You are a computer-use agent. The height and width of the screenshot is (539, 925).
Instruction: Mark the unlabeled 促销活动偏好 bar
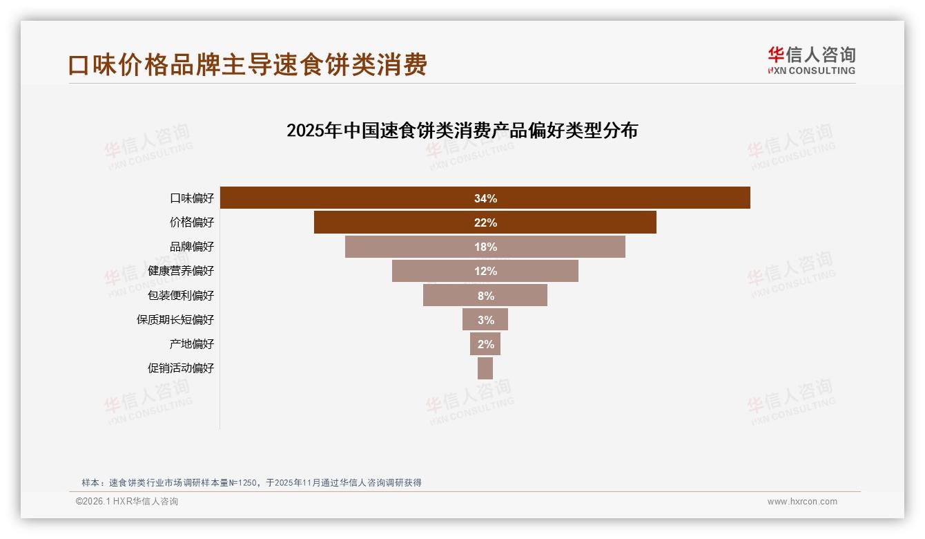tap(485, 368)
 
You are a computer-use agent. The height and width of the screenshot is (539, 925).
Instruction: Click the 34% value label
tap(485, 198)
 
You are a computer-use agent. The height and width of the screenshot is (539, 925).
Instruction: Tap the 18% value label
tap(485, 247)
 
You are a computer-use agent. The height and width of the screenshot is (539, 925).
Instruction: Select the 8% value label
tap(485, 295)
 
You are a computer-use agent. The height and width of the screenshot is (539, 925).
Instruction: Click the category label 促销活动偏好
tap(181, 368)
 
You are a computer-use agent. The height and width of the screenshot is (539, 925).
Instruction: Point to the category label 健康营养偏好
tap(181, 271)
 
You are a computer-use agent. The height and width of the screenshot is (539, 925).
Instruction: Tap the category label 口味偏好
tap(192, 198)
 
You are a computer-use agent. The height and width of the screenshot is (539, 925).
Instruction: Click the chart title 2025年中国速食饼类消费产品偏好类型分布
tap(462, 130)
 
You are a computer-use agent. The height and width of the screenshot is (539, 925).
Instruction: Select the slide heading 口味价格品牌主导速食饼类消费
tap(248, 64)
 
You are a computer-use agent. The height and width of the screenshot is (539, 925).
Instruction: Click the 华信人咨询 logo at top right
tap(811, 60)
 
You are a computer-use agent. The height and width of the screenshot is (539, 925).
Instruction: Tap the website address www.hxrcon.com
tap(802, 502)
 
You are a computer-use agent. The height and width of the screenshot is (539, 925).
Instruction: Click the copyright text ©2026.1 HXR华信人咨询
tap(127, 502)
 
